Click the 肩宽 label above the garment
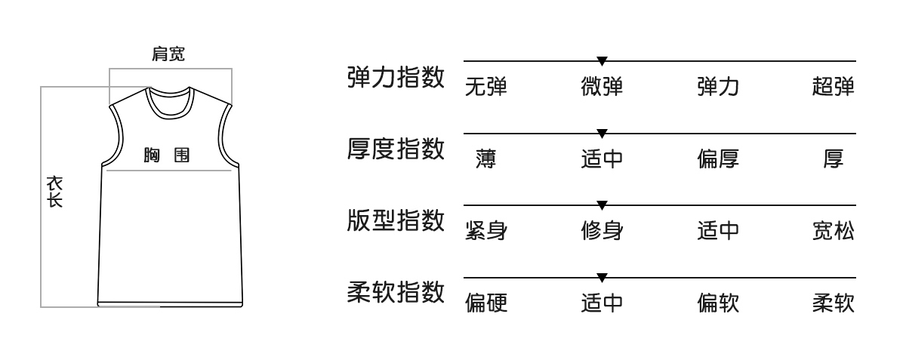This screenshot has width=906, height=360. pos(168,54)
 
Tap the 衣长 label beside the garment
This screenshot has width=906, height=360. pos(54,192)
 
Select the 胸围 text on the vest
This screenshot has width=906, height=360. pos(166,156)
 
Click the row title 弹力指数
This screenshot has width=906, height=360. pos(396,77)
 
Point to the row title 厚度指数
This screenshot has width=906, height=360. pos(396,149)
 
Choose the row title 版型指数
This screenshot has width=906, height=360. pos(396,220)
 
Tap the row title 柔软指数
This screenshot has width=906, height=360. pos(396,291)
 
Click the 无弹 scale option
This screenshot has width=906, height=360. pos(485,88)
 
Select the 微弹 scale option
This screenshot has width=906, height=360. pos(602,88)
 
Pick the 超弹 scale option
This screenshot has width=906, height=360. pos(834,88)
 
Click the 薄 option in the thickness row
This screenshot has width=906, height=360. pos(485,159)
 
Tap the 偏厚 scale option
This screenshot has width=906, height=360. pos(718,159)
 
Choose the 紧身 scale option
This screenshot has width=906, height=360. pos(485,231)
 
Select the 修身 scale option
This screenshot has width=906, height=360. pos(602,231)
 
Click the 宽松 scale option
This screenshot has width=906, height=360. pos(834,231)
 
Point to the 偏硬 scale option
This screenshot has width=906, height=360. pos(485,303)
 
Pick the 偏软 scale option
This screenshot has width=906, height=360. pos(718,303)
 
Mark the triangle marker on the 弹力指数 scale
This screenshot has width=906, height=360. pos(602,60)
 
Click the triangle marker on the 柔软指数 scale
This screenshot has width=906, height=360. pos(602,277)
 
